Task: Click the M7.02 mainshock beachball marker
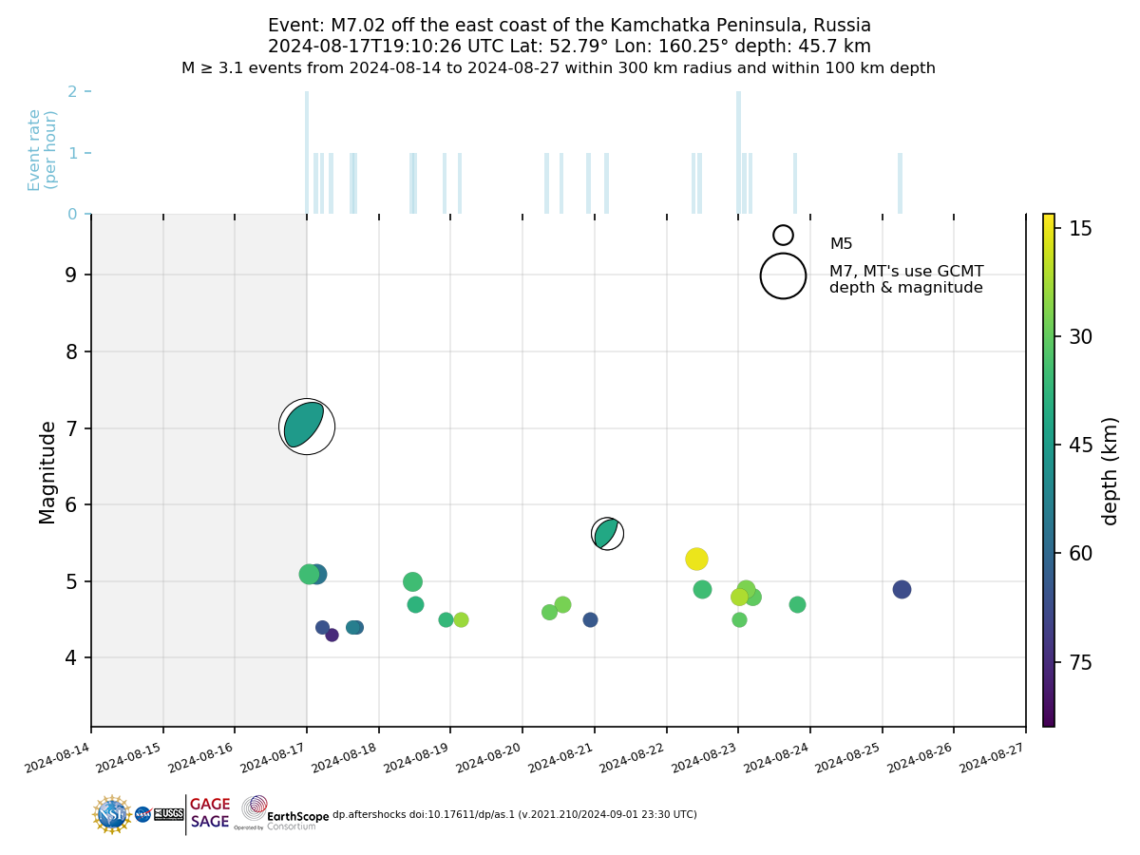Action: click(306, 427)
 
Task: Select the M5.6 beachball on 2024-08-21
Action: click(607, 534)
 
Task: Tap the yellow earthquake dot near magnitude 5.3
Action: click(696, 559)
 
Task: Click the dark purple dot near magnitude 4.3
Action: click(332, 635)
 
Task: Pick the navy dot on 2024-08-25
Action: click(902, 589)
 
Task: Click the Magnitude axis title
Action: click(47, 472)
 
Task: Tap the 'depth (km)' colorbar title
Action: click(1110, 470)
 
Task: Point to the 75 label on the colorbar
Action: click(1080, 662)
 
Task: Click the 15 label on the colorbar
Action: click(1080, 228)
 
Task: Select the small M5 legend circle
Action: click(783, 235)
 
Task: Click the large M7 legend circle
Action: click(783, 276)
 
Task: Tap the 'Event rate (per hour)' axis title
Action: click(43, 150)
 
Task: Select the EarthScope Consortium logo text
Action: click(297, 816)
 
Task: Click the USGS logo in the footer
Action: click(168, 814)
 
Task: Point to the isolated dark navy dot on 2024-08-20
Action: click(590, 619)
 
